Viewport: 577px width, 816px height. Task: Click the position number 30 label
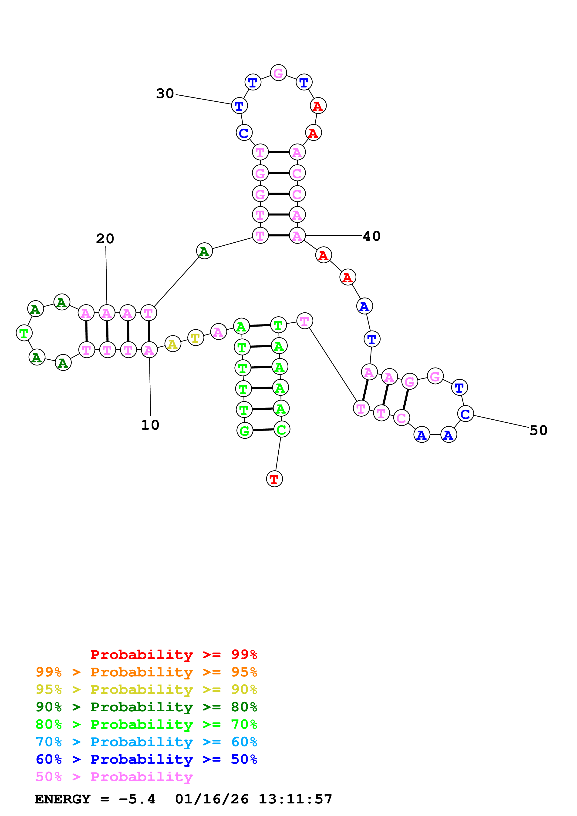coord(165,94)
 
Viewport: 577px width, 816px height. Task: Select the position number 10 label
coord(150,425)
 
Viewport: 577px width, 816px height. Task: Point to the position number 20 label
coord(105,239)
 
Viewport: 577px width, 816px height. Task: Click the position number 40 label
coord(371,236)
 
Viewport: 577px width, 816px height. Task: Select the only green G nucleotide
coord(245,431)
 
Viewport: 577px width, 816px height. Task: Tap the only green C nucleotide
coord(282,429)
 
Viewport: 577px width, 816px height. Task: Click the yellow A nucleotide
coord(172,344)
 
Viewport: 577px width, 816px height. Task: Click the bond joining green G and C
coord(263,430)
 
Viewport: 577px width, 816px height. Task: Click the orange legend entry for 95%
coord(146,672)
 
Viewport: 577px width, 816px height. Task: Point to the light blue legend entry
coord(146,742)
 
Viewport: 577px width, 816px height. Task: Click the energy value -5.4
coord(137,799)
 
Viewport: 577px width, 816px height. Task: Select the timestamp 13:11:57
coord(295,799)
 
